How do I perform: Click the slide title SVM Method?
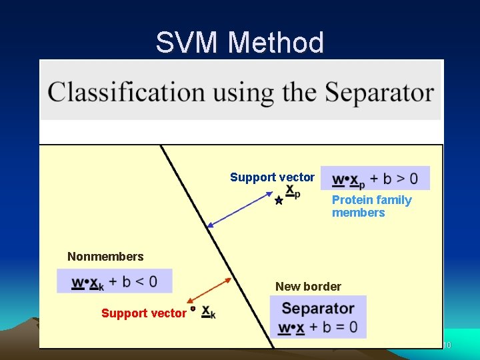(x=240, y=43)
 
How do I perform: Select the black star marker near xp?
(x=279, y=200)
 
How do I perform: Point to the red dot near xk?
(x=193, y=309)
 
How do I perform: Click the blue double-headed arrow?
(x=240, y=211)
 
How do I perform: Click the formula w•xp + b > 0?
(x=375, y=179)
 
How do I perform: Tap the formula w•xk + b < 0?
(x=115, y=281)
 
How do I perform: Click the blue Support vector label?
(x=272, y=177)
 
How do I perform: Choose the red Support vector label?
(x=143, y=313)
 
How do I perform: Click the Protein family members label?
(x=371, y=206)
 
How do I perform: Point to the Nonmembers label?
(x=105, y=257)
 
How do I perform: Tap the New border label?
(x=308, y=287)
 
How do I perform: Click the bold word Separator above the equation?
(x=318, y=309)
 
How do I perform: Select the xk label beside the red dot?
(x=208, y=311)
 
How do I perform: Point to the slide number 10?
(x=447, y=345)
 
